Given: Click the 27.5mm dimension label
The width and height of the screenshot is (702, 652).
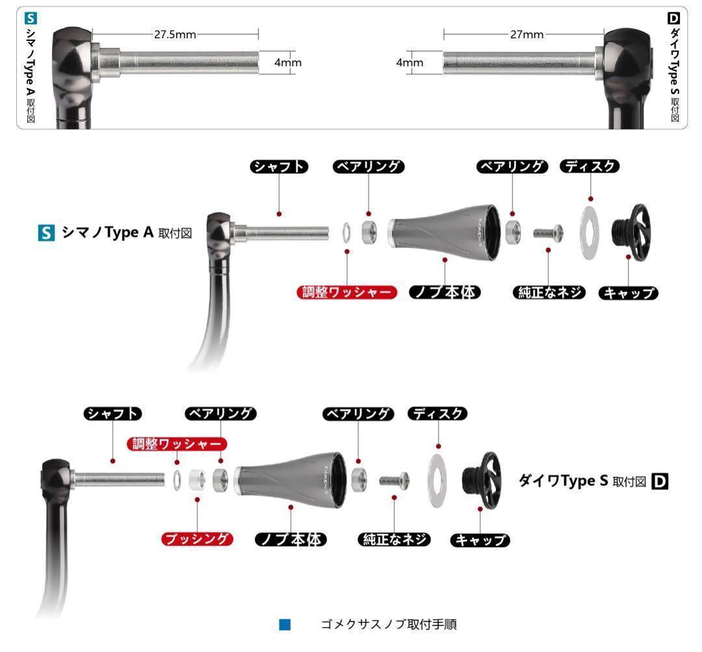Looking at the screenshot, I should pyautogui.click(x=175, y=34).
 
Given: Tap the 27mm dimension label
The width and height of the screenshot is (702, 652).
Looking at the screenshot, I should pyautogui.click(x=526, y=34).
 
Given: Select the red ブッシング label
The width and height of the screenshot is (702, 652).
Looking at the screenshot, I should pyautogui.click(x=197, y=538).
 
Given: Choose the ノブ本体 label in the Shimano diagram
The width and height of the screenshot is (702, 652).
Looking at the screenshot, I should pyautogui.click(x=445, y=292).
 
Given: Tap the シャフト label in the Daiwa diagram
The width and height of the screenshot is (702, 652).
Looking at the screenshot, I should pyautogui.click(x=113, y=413).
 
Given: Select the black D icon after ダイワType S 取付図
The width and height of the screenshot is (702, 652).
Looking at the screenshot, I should pyautogui.click(x=660, y=481).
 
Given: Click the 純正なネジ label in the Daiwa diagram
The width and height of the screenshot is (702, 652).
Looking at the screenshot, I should pyautogui.click(x=394, y=538).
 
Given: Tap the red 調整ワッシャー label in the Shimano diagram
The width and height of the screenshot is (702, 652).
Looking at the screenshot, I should pyautogui.click(x=347, y=292).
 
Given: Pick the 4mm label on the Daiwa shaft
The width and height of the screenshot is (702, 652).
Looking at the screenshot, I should pyautogui.click(x=409, y=62).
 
